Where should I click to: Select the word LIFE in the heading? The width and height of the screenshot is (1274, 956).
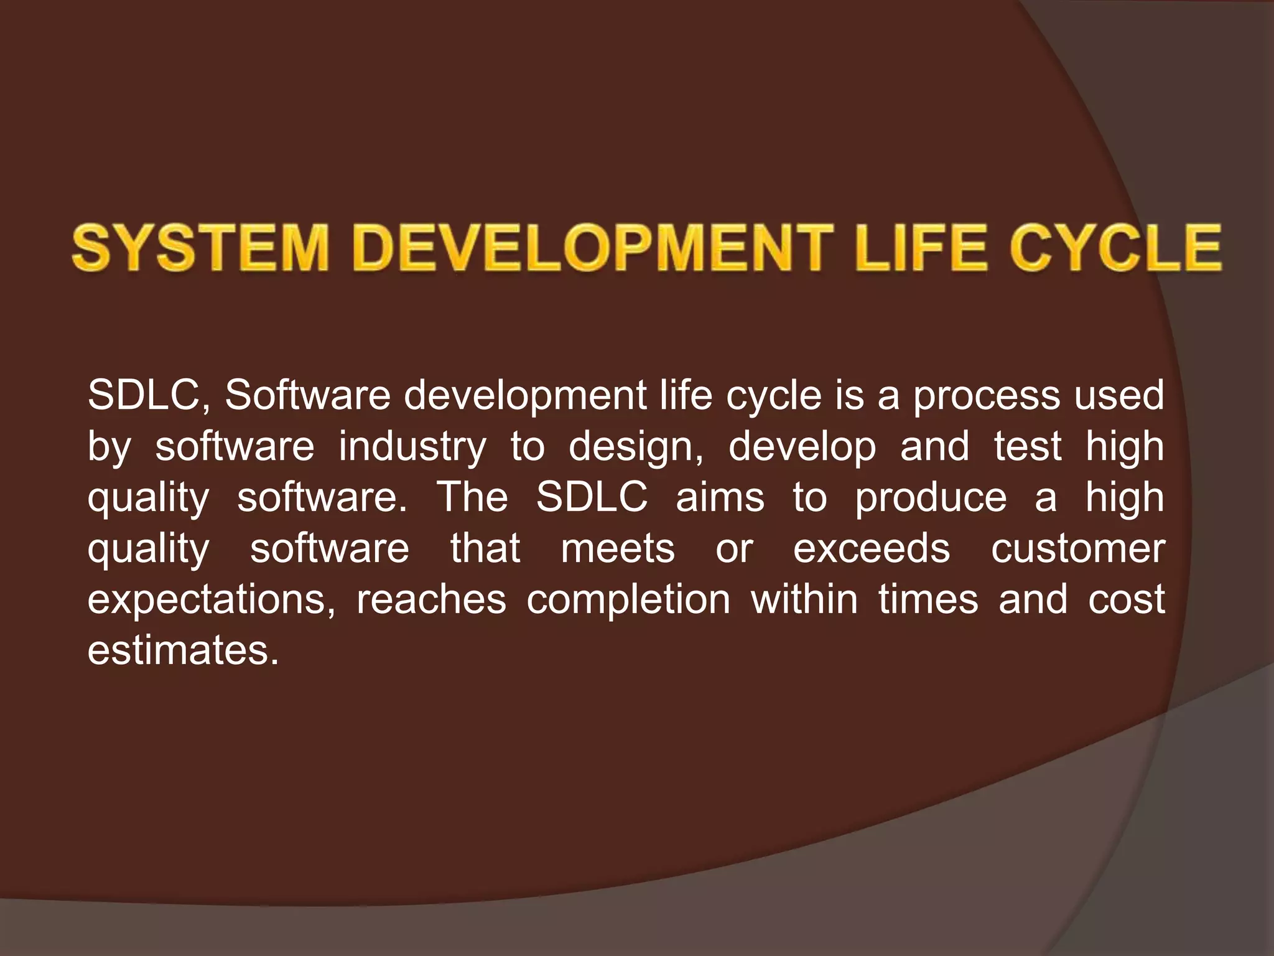point(921,248)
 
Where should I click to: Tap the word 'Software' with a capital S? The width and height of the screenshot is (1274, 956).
point(307,396)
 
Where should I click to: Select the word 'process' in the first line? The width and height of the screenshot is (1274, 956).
point(986,396)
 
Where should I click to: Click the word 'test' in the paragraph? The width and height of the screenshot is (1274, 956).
point(1027,447)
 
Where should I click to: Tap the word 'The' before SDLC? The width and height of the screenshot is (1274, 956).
point(472,497)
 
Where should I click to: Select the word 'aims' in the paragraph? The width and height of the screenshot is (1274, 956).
point(720,497)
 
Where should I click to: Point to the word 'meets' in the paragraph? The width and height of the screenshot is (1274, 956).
point(618,549)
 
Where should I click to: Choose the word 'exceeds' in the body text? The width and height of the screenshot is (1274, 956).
point(872,549)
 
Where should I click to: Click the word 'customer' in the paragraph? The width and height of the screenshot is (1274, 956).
point(1078,549)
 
